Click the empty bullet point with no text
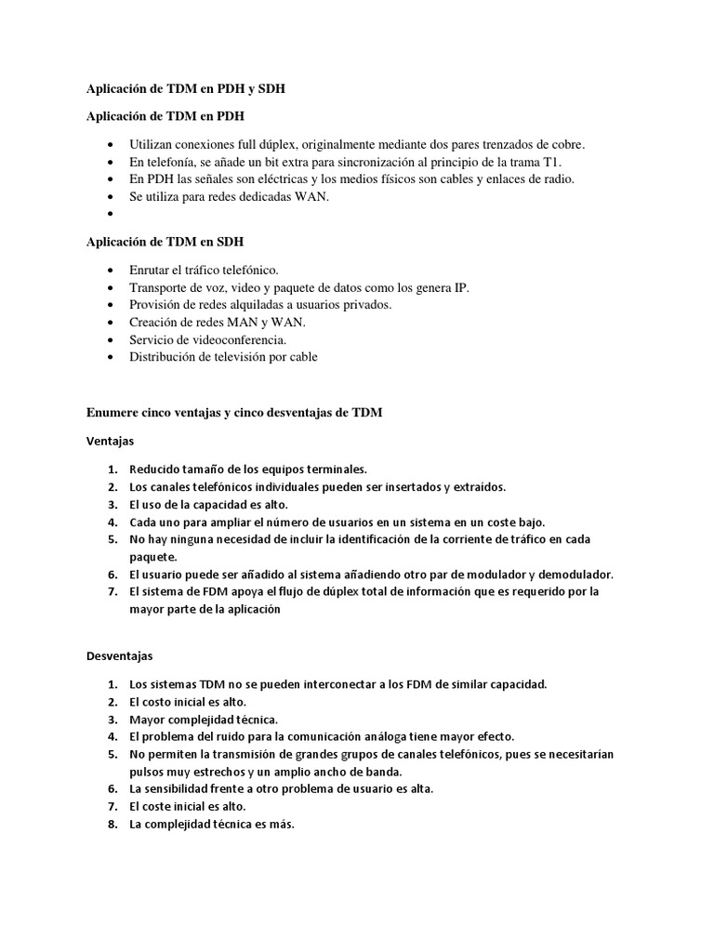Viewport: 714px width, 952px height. point(112,214)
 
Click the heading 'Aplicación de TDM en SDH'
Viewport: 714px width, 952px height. point(165,242)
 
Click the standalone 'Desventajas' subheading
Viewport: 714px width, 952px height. point(119,656)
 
